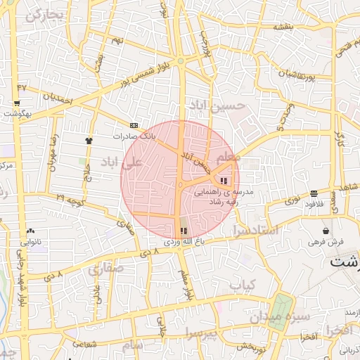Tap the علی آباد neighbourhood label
pos(122,162)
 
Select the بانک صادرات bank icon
pos(134,126)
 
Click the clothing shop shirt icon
pos(89,140)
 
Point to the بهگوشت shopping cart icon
pos(16,103)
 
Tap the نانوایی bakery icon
pos(30,231)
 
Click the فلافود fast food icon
pos(314,193)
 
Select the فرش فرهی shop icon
pos(326,231)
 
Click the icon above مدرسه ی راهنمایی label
pos(224,181)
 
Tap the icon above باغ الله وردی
pos(184,231)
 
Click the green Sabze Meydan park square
pos(281,307)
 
